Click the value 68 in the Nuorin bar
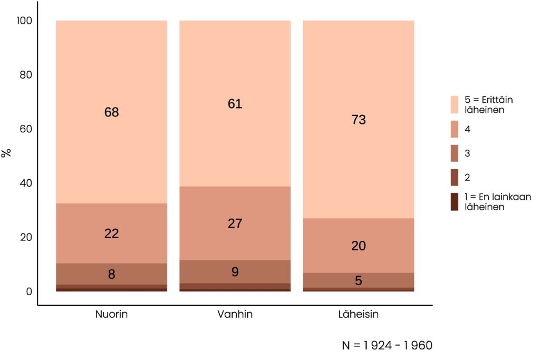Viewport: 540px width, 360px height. (x=111, y=112)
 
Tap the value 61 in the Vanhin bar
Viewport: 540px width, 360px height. (x=235, y=104)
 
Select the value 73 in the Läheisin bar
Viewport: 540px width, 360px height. (x=359, y=120)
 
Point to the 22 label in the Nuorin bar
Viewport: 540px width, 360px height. (x=111, y=233)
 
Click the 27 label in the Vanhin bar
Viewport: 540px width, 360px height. (x=235, y=223)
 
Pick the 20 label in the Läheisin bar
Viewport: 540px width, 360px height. (x=359, y=246)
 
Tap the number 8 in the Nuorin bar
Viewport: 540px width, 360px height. (x=111, y=274)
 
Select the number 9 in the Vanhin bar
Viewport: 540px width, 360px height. (x=235, y=272)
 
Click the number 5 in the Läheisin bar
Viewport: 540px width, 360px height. (x=359, y=281)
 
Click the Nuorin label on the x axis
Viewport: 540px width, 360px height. (x=111, y=315)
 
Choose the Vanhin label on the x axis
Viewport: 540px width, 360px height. (x=235, y=315)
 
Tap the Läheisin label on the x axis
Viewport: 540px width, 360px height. (x=359, y=315)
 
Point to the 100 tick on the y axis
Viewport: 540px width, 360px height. (x=25, y=21)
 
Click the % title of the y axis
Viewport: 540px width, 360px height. (x=7, y=153)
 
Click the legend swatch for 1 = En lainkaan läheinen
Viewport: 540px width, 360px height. (x=455, y=202)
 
